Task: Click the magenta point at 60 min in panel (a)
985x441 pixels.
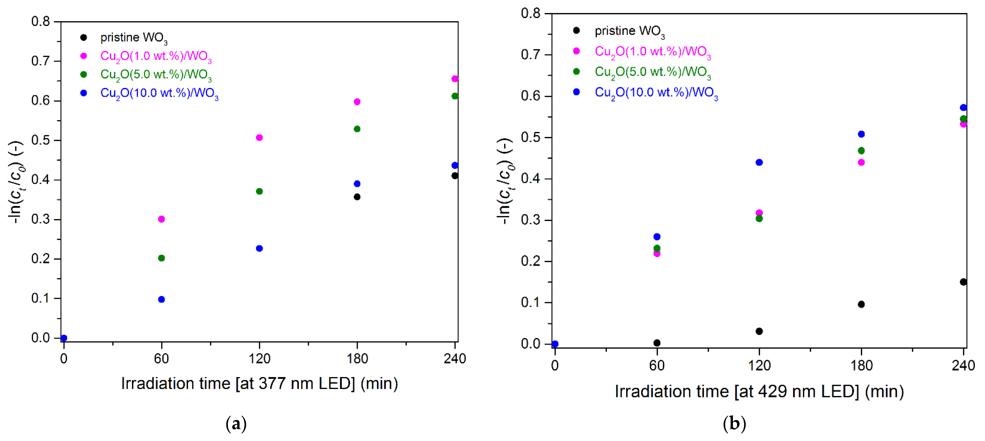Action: point(161,219)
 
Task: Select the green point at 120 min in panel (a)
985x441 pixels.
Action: point(259,191)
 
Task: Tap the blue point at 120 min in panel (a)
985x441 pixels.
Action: point(259,248)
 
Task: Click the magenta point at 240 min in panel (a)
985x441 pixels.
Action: point(455,79)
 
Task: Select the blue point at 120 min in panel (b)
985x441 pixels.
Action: point(759,162)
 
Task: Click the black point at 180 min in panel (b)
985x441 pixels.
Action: point(861,304)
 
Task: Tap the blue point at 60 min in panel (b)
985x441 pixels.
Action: point(657,237)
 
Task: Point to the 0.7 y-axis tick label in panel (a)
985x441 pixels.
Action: point(40,61)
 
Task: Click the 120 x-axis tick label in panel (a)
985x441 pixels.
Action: point(259,359)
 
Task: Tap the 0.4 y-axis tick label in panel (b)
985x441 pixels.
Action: point(530,179)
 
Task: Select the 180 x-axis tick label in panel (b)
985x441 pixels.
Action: point(861,366)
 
